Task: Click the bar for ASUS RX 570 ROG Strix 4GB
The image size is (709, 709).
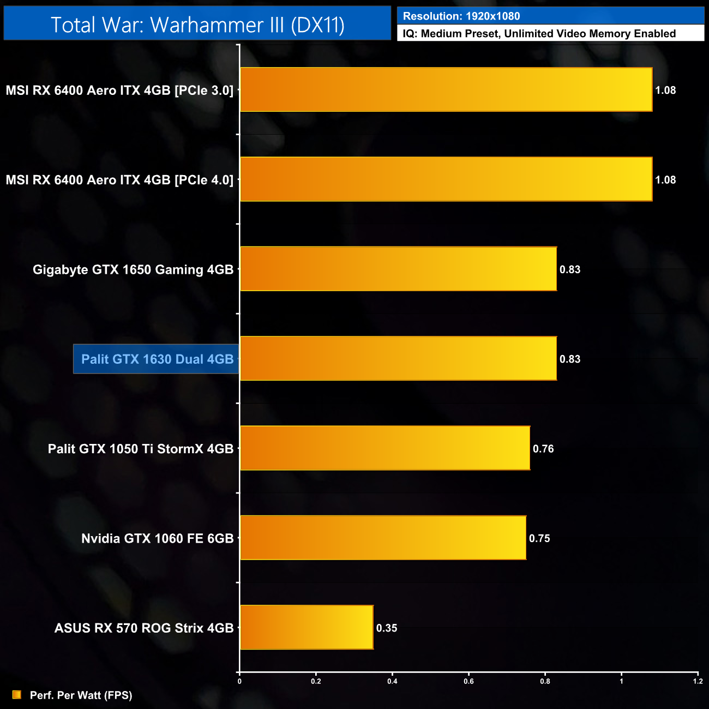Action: [307, 627]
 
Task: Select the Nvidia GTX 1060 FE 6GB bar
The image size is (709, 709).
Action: [383, 538]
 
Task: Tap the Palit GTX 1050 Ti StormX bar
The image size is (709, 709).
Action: [385, 448]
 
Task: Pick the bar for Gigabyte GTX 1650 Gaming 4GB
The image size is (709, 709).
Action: [398, 269]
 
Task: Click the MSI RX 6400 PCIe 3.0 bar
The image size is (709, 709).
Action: [446, 89]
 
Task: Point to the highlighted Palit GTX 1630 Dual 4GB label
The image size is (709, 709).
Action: [157, 359]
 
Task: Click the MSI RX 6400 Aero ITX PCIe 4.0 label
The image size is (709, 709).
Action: [119, 180]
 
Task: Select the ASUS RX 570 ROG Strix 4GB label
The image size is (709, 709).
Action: [144, 628]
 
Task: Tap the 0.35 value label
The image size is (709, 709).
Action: [387, 628]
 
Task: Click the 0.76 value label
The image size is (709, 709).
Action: [543, 449]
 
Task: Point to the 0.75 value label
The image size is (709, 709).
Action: [539, 538]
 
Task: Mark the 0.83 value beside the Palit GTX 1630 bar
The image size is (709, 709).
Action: [570, 359]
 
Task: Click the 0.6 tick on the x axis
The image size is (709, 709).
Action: [468, 681]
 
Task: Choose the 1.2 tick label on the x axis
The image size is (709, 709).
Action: [698, 681]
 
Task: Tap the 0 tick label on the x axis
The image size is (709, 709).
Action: [239, 681]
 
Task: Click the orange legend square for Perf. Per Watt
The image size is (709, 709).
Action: [17, 695]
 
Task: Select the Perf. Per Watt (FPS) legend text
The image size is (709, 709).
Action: [81, 695]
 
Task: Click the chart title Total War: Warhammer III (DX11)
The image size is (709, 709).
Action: [197, 25]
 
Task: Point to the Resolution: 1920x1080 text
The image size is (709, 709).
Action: [461, 16]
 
